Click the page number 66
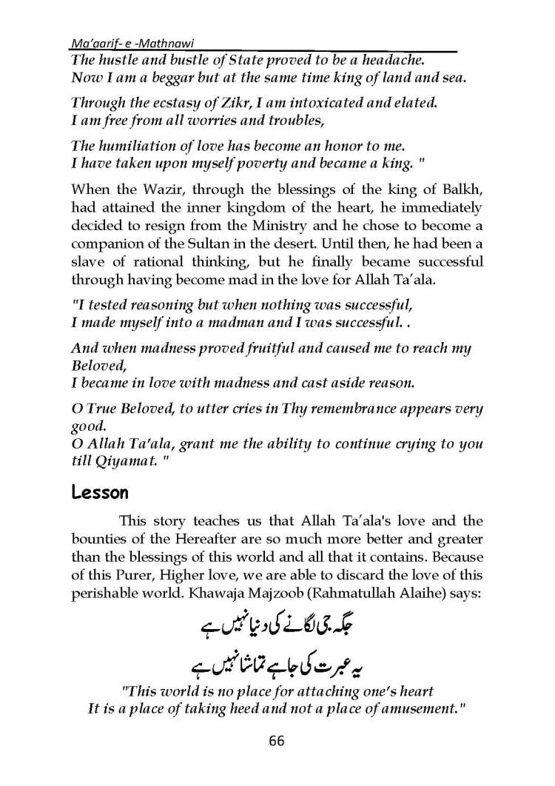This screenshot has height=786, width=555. (x=277, y=741)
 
